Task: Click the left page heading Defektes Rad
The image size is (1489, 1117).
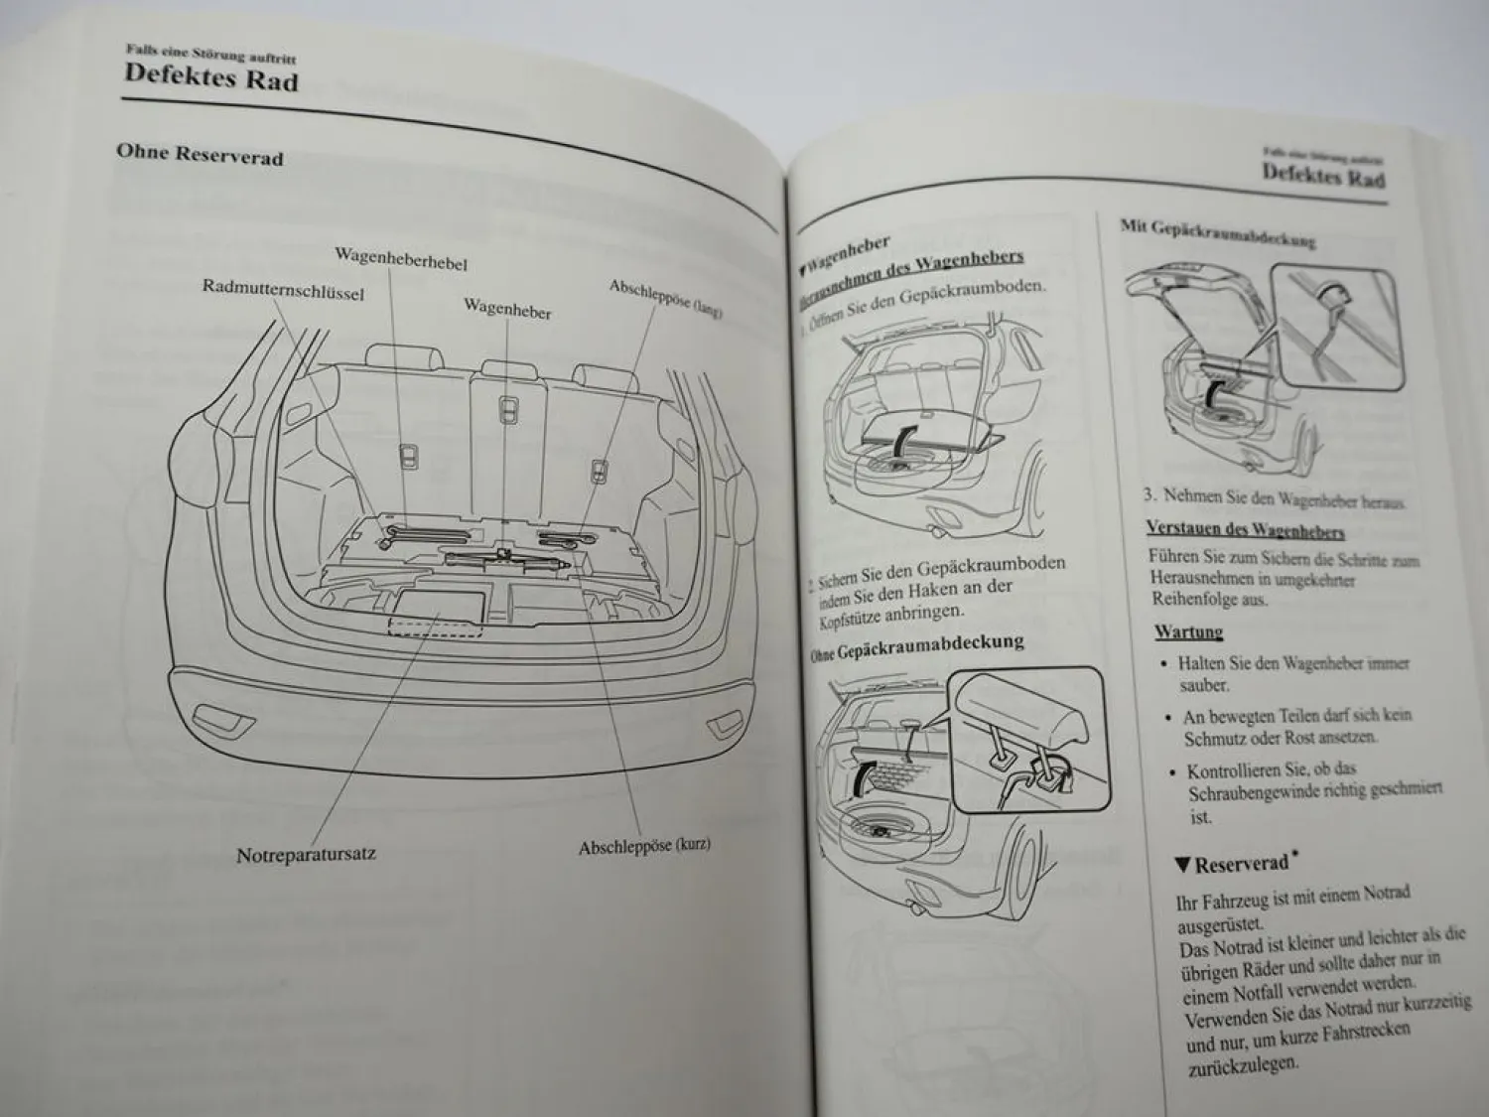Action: pyautogui.click(x=210, y=77)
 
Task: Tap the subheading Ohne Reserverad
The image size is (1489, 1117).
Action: pyautogui.click(x=200, y=155)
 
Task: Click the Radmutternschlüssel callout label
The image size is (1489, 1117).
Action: pyautogui.click(x=283, y=291)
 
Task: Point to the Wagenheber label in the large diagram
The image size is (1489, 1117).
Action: pyautogui.click(x=506, y=309)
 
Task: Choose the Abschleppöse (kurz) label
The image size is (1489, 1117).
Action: pyautogui.click(x=644, y=847)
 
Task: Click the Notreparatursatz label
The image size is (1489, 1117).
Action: pyautogui.click(x=306, y=854)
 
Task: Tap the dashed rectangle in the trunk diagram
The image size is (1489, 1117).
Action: pyautogui.click(x=435, y=625)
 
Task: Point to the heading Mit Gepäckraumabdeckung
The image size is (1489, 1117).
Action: pyautogui.click(x=1218, y=233)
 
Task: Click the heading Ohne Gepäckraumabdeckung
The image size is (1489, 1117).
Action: pyautogui.click(x=916, y=646)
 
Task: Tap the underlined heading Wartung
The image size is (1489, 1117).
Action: pyautogui.click(x=1188, y=631)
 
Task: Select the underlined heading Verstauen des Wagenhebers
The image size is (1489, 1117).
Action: pyautogui.click(x=1245, y=529)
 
